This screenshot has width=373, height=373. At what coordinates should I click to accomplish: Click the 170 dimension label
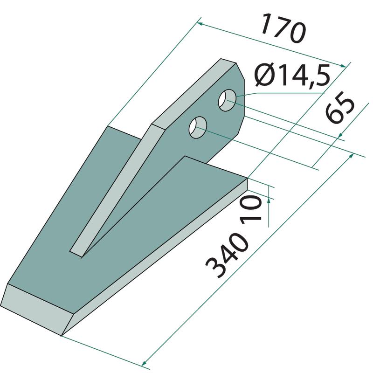(283, 29)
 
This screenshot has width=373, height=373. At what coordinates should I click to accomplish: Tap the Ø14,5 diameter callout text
(292, 76)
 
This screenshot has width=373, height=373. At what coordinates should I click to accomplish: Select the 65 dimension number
(340, 107)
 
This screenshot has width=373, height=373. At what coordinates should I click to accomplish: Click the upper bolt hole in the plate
(228, 100)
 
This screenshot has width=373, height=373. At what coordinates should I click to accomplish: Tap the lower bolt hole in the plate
(198, 127)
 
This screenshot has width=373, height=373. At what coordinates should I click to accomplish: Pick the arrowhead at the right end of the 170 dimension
(343, 66)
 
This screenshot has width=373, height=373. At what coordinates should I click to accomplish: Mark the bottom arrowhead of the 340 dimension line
(144, 364)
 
